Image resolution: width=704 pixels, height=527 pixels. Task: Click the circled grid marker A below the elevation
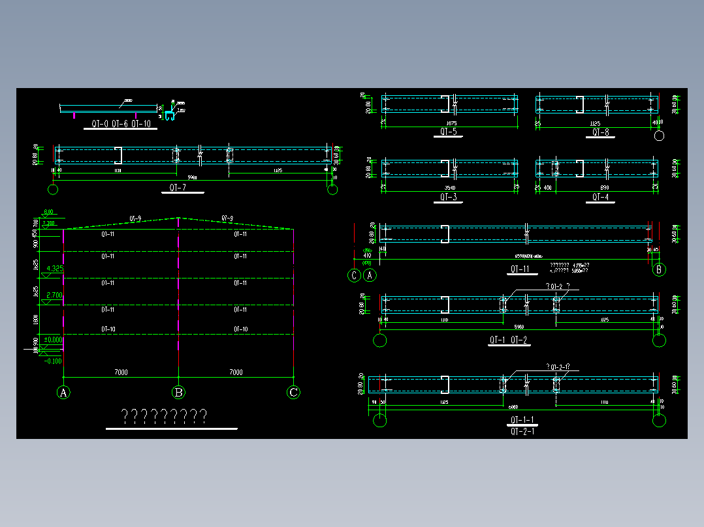pyautogui.click(x=63, y=393)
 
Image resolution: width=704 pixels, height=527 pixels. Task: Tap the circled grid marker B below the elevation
pyautogui.click(x=178, y=393)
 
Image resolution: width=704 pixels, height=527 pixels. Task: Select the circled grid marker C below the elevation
pyautogui.click(x=294, y=393)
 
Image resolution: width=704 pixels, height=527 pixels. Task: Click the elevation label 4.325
pyautogui.click(x=52, y=269)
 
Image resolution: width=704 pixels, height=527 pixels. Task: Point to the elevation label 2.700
pyautogui.click(x=52, y=295)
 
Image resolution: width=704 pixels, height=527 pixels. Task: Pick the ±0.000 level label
pyautogui.click(x=52, y=340)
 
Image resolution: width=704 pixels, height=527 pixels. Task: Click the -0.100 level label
pyautogui.click(x=52, y=361)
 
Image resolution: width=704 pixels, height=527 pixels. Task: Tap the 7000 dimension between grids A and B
pyautogui.click(x=121, y=372)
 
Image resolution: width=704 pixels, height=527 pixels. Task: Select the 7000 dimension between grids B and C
pyautogui.click(x=236, y=372)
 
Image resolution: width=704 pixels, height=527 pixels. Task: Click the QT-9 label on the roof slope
pyautogui.click(x=135, y=218)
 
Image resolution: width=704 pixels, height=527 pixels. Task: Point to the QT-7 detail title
pyautogui.click(x=177, y=188)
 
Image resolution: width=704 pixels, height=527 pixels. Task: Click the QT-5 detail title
pyautogui.click(x=448, y=132)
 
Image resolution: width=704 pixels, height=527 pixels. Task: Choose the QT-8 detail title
pyautogui.click(x=600, y=132)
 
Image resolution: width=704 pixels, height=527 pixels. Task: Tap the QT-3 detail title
pyautogui.click(x=448, y=196)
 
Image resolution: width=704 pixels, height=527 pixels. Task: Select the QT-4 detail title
pyautogui.click(x=600, y=196)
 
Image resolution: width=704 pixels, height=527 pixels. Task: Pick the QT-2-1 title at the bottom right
pyautogui.click(x=522, y=431)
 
